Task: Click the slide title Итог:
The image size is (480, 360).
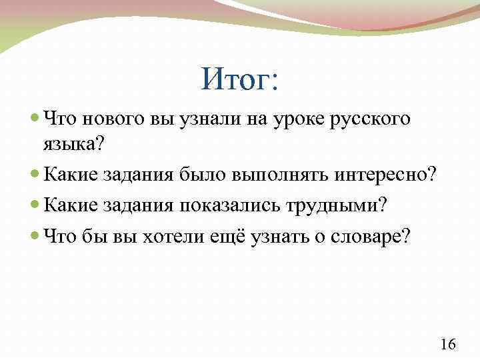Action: tap(241, 82)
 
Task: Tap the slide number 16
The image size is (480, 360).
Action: tap(449, 344)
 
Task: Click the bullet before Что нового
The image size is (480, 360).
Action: tap(35, 121)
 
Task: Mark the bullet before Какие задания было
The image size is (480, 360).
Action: tap(35, 175)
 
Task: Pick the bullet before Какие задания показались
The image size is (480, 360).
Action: tap(35, 205)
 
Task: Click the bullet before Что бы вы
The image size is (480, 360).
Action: tap(35, 235)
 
